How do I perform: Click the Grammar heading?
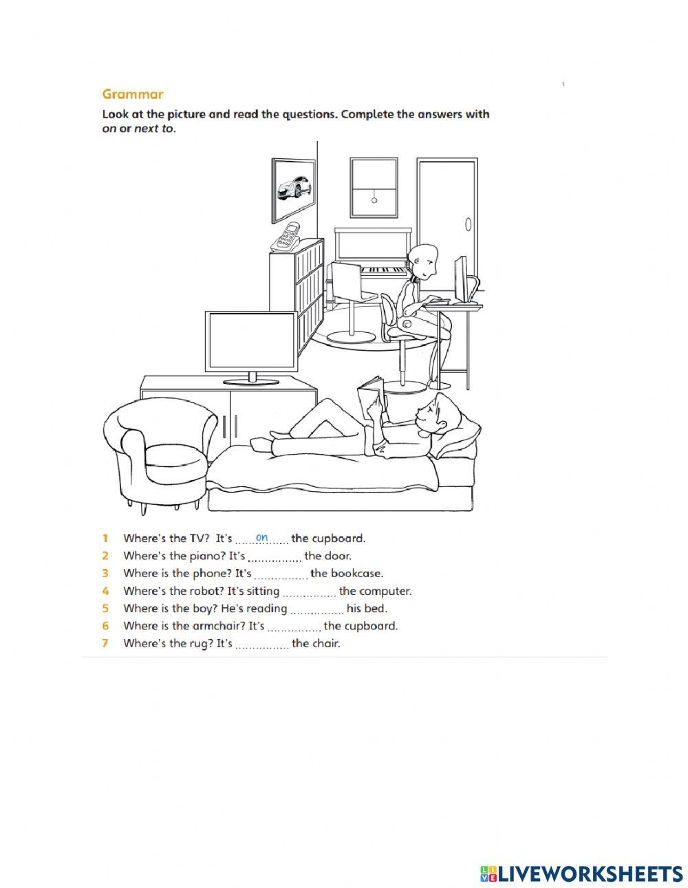pyautogui.click(x=133, y=94)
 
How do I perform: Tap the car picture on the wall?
pyautogui.click(x=294, y=186)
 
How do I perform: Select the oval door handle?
pyautogui.click(x=469, y=224)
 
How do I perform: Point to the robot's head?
pyautogui.click(x=422, y=261)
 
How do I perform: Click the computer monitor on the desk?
pyautogui.click(x=460, y=279)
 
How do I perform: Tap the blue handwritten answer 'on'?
pyautogui.click(x=261, y=537)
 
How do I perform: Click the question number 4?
pyautogui.click(x=105, y=591)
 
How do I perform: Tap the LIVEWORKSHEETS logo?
pyautogui.click(x=581, y=874)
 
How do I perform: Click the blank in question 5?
pyautogui.click(x=316, y=609)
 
